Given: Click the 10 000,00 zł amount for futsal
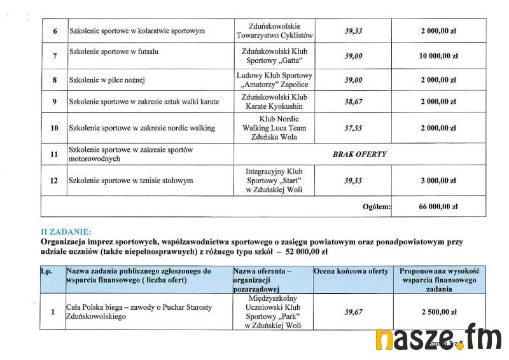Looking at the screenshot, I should coord(438,56).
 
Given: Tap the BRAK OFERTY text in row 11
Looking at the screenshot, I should coord(359,155).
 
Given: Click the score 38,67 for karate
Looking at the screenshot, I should coord(353,102).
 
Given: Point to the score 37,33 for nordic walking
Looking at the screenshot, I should coord(353,128).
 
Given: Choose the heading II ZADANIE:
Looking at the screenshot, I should coord(66,232).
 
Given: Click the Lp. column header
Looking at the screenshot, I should coord(46,272).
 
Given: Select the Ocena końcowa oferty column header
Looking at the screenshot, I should coord(351,272).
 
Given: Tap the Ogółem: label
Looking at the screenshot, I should coord(376,207).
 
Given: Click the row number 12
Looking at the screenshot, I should coord(54,181).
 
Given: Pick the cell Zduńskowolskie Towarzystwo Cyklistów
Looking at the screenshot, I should coord(274,31).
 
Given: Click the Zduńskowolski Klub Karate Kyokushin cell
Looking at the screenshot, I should coord(274,102).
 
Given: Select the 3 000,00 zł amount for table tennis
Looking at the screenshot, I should coord(438,181).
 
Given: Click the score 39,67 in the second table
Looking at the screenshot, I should coord(353,312).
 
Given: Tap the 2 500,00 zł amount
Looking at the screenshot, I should coord(438,312).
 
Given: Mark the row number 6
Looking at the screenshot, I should coord(54,31).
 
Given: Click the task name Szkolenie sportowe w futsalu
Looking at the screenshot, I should coord(114,52).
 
